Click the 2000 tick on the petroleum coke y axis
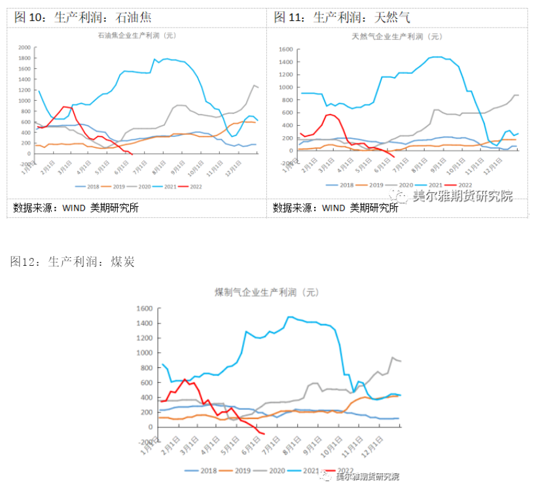click(x=24, y=48)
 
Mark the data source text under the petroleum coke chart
click(x=75, y=208)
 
